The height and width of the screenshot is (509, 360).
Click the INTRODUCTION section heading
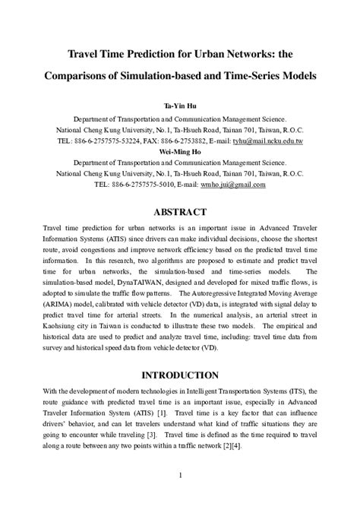[x=179, y=375]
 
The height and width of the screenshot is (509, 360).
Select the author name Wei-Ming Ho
[x=179, y=152]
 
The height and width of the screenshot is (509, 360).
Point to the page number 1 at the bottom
[x=180, y=476]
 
